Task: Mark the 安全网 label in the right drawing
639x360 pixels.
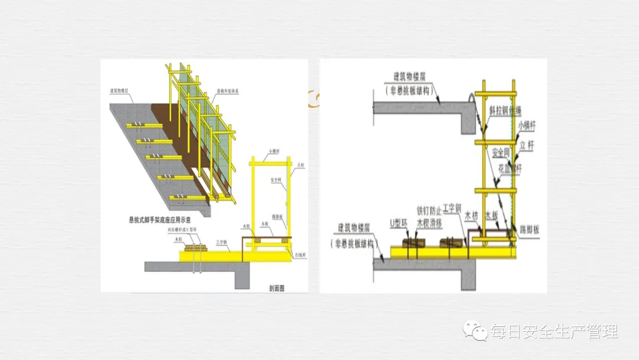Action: click(x=501, y=153)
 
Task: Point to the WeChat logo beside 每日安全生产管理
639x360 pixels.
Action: click(x=476, y=331)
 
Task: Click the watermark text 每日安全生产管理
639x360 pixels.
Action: click(x=553, y=331)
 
